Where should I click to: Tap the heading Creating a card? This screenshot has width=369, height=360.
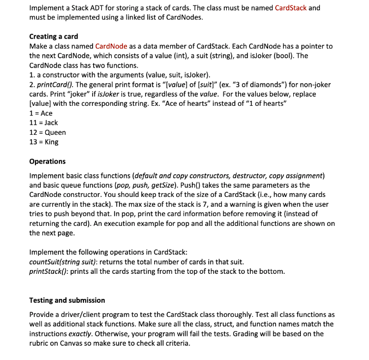click(x=53, y=37)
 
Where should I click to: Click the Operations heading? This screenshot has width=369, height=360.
click(x=47, y=161)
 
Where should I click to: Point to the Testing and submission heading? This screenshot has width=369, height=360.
click(x=67, y=300)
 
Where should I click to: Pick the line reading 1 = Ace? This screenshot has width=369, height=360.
click(x=41, y=113)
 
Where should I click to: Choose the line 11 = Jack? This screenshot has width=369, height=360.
click(x=44, y=123)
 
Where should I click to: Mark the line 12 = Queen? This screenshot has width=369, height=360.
click(x=47, y=133)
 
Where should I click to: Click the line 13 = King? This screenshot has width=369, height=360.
click(x=44, y=142)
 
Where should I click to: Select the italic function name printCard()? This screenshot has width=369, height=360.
click(x=56, y=85)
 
